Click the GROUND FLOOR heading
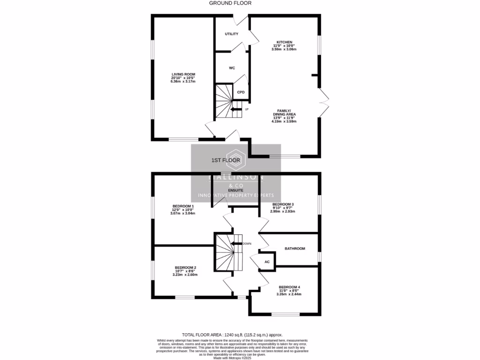point(230,3)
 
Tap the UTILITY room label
point(232,34)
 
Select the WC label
point(232,68)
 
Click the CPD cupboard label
point(241,92)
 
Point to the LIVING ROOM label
point(183,74)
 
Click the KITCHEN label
point(284,42)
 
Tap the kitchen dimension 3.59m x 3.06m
point(284,49)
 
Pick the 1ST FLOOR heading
point(226,160)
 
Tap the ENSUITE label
point(235,190)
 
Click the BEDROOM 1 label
point(183,206)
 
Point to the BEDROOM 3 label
point(283,204)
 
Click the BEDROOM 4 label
point(289,287)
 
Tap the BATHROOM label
point(295,248)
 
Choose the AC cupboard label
point(267,262)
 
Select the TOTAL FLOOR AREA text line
point(240,335)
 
